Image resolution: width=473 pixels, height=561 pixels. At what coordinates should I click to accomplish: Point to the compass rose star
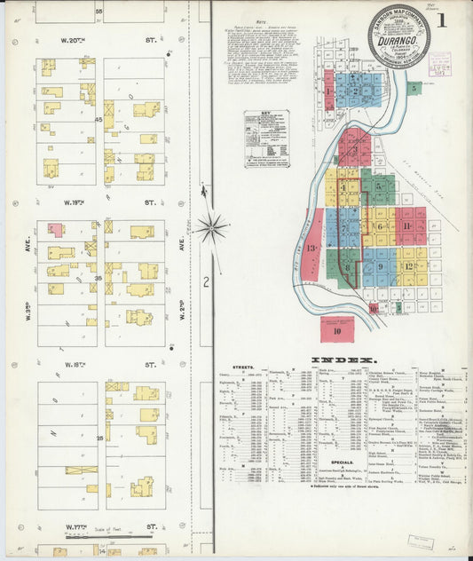point(211,227)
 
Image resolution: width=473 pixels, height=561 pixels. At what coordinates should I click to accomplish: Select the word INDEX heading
point(341,360)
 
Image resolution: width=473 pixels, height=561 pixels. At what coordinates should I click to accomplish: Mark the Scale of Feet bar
point(98,534)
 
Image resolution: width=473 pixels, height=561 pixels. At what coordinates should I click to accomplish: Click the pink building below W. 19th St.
point(56,229)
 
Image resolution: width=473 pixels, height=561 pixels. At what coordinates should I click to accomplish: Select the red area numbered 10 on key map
point(337,330)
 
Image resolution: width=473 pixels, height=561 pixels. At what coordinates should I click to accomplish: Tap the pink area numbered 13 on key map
point(311,249)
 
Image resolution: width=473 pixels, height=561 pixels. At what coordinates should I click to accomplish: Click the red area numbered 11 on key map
point(406,225)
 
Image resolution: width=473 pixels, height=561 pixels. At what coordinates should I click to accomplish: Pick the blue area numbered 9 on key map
point(380,265)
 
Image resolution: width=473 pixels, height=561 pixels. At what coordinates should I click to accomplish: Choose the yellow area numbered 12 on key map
point(408,265)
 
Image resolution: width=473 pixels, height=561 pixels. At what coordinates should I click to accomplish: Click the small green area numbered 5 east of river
point(414,87)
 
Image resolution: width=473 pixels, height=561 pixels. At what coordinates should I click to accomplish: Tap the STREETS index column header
point(241,367)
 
